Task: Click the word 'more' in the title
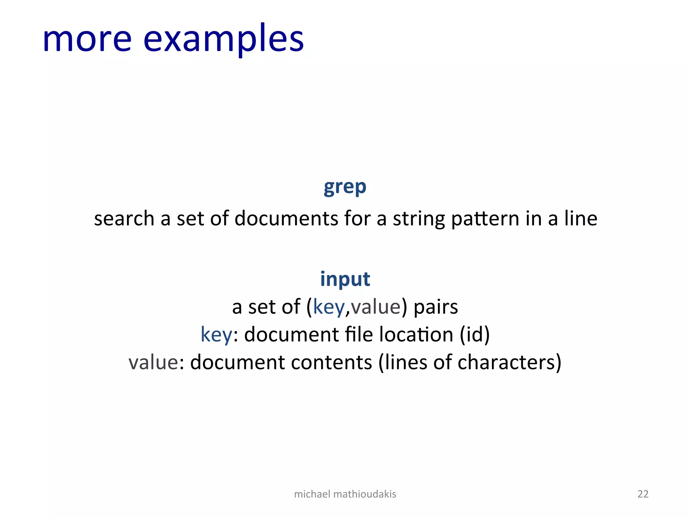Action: tap(87, 40)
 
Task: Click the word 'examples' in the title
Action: tap(223, 40)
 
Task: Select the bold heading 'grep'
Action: tap(345, 187)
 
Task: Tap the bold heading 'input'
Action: tap(345, 279)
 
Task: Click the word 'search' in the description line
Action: tap(124, 219)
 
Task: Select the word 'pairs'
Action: tap(436, 307)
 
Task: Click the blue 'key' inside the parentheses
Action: tap(329, 307)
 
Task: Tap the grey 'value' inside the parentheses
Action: tap(376, 307)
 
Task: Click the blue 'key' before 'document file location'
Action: tap(216, 335)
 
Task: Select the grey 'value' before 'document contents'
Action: tap(153, 363)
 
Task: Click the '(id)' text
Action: tap(475, 335)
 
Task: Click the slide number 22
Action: tap(643, 494)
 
